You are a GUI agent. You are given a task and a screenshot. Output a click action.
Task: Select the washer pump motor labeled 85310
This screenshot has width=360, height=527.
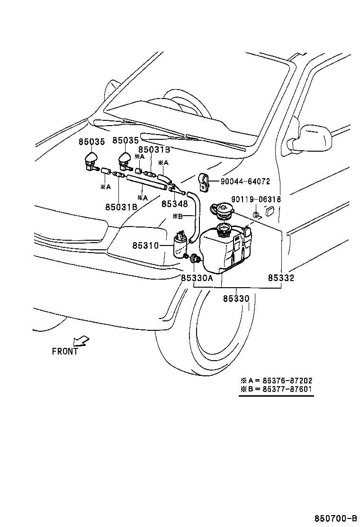tap(180, 245)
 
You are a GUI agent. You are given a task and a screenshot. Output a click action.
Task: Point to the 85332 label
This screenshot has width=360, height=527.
tap(280, 278)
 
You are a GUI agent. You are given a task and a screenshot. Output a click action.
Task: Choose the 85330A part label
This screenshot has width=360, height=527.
tap(197, 278)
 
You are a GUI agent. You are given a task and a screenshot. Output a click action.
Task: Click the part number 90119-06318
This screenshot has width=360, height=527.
tap(256, 200)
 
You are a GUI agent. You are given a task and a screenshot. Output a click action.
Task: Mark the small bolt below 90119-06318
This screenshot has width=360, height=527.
tap(256, 215)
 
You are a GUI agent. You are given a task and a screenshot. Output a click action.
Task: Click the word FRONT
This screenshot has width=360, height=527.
tap(65, 351)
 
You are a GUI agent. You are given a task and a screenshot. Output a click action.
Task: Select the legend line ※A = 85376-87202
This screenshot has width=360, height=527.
tap(276, 381)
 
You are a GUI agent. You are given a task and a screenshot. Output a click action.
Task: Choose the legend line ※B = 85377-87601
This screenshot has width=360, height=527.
tap(276, 390)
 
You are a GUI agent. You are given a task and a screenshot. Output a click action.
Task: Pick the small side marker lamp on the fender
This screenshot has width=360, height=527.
tap(270, 210)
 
